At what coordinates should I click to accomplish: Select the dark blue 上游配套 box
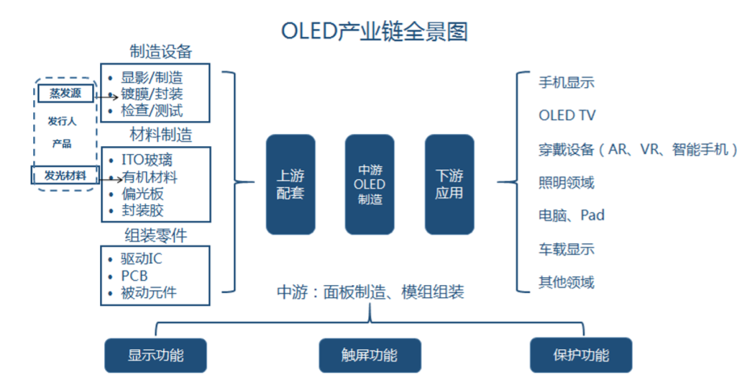(290, 184)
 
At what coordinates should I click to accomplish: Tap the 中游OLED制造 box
(370, 184)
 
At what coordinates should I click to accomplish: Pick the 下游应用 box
(449, 184)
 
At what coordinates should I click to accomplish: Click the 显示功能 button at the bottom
(155, 355)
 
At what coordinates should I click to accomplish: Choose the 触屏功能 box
(369, 355)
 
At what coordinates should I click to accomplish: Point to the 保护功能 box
(580, 355)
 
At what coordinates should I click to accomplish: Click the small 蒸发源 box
(65, 93)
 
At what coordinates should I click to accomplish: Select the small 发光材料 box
(65, 175)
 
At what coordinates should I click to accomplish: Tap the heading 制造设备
(161, 52)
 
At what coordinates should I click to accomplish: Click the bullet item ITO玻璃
(146, 160)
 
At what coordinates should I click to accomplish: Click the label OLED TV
(567, 115)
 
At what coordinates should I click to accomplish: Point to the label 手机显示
(567, 82)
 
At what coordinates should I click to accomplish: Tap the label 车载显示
(567, 249)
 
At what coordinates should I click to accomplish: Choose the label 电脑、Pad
(572, 215)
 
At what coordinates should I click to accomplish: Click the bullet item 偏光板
(142, 194)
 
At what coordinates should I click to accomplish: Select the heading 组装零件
(156, 234)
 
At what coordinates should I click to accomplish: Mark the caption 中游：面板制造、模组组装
(370, 291)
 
